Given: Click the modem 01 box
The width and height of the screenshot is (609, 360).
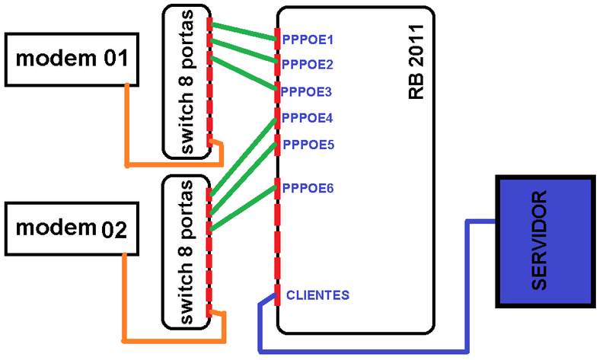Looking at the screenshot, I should coord(72,59).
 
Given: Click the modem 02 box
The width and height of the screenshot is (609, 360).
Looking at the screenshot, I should coord(72,228).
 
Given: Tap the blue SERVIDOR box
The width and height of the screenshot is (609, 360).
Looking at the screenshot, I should coord(544,241).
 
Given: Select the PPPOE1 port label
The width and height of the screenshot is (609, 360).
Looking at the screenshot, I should coord(308,38).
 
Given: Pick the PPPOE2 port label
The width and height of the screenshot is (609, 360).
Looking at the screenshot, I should coord(308,65).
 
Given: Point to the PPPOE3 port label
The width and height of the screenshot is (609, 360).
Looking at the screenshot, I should coord(308,91).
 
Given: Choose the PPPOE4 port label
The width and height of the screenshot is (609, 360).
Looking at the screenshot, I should coord(308,118).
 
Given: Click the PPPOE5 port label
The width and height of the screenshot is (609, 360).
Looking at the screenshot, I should coord(308,144).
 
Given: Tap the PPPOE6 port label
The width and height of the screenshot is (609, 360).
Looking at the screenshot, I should coord(308,187).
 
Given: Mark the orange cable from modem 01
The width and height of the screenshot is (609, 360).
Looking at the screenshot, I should coord(127,129).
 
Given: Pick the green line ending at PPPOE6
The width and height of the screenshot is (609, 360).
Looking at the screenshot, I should coord(244,207).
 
